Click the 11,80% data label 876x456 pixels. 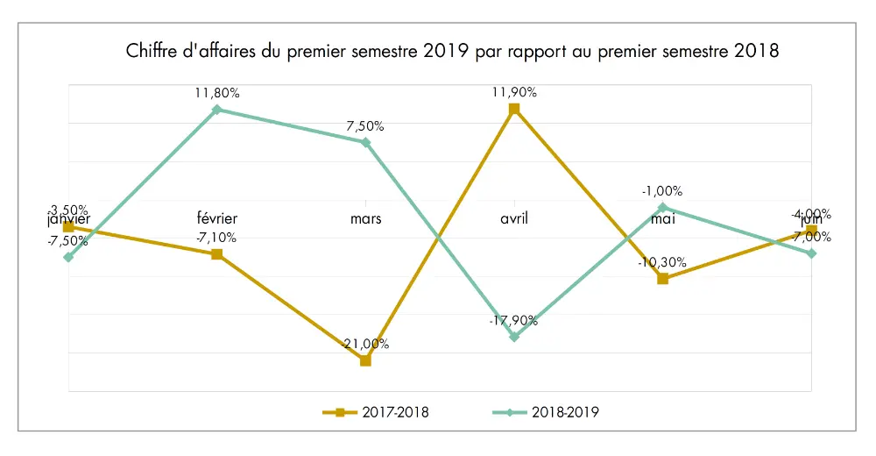point(217,92)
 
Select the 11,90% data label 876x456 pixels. point(514,92)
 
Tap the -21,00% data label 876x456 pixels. point(366,344)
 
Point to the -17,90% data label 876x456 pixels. point(514,321)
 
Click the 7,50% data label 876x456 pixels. point(365,125)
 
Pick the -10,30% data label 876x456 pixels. point(663,261)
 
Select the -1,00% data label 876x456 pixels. point(663,191)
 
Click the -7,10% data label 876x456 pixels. point(217,237)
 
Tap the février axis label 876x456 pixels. point(217,218)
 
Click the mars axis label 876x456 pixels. point(365,218)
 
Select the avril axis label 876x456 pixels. point(514,218)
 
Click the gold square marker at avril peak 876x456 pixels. point(514,109)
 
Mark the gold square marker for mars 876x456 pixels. point(365,360)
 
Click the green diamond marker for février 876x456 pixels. point(217,110)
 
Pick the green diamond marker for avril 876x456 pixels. point(514,337)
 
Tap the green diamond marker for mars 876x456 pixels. point(365,142)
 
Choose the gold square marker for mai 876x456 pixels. point(663,279)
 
